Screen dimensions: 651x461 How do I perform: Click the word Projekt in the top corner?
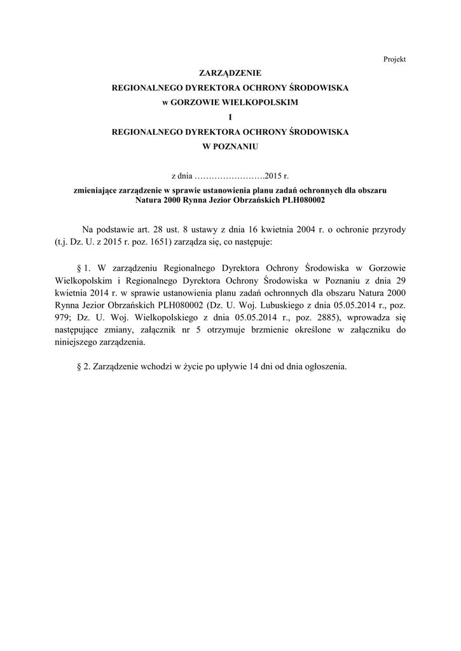tap(394, 59)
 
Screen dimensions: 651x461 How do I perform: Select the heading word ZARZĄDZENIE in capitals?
tap(230, 74)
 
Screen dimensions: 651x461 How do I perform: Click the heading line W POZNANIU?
tap(230, 146)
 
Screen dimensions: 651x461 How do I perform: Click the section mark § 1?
tap(83, 268)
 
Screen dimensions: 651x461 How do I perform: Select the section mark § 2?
tap(83, 367)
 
